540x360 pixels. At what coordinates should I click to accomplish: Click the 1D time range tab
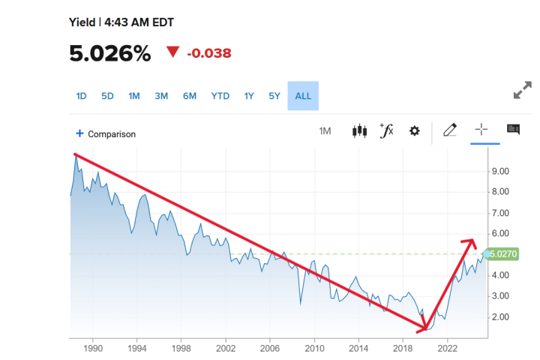pos(82,96)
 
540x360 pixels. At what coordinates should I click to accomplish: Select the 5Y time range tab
pos(274,96)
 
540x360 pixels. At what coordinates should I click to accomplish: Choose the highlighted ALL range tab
pos(303,96)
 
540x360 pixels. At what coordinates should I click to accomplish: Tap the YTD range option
pos(220,96)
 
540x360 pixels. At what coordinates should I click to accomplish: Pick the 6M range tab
pos(190,96)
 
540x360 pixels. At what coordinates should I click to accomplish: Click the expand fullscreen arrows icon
pos(522,91)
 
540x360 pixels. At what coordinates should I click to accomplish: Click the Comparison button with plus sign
pos(106,134)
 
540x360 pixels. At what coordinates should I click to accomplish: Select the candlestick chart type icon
pos(359,131)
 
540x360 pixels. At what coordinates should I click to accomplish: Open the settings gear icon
pos(414,131)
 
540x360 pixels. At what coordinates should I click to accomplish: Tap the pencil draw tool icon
pos(450,130)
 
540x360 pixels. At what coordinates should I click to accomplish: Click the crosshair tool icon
pos(481,130)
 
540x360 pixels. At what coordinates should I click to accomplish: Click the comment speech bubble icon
pos(514,130)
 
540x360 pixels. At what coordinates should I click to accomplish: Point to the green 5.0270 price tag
pos(503,254)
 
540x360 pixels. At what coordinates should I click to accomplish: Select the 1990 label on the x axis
pos(93,348)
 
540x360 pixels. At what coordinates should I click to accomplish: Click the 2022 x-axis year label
pos(448,348)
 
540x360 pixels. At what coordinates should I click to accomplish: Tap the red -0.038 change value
pos(208,53)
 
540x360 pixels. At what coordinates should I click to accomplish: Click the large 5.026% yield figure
pos(110,53)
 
